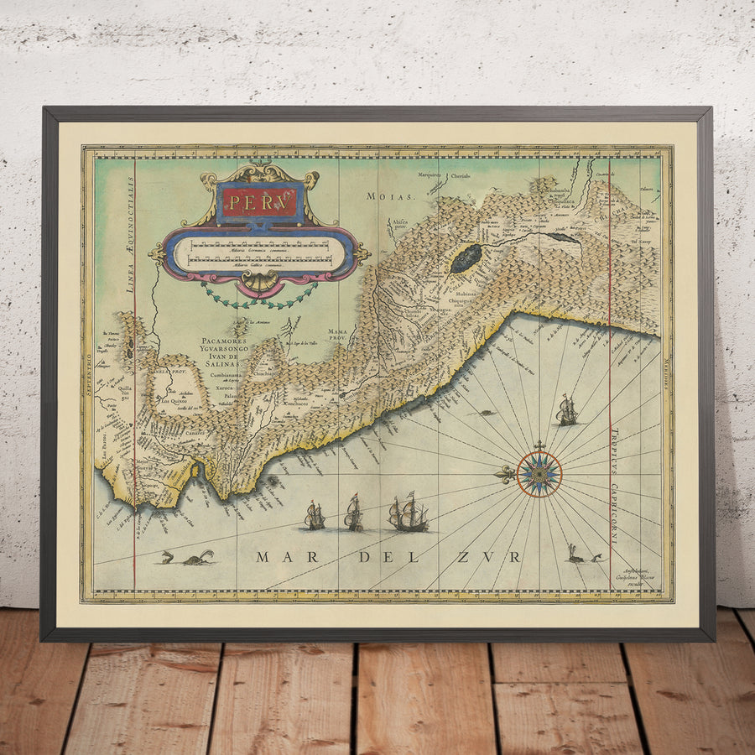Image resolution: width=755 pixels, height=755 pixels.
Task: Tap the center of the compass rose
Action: point(539,474)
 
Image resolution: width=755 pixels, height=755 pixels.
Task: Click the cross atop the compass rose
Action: point(539,445)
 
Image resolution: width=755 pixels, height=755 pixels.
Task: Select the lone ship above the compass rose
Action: point(567,410)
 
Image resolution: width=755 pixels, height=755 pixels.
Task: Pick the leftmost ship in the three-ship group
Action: point(315,515)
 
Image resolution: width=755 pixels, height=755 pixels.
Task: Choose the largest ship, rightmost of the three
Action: point(409,513)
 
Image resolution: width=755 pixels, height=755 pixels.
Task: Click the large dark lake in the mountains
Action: point(466,258)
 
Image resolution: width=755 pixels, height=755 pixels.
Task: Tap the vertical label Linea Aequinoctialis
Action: point(131,235)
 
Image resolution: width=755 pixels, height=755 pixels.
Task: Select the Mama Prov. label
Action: point(338,335)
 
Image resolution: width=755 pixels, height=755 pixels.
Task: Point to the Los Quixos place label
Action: point(174,400)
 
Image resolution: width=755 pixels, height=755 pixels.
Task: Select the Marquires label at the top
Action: point(432,175)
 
